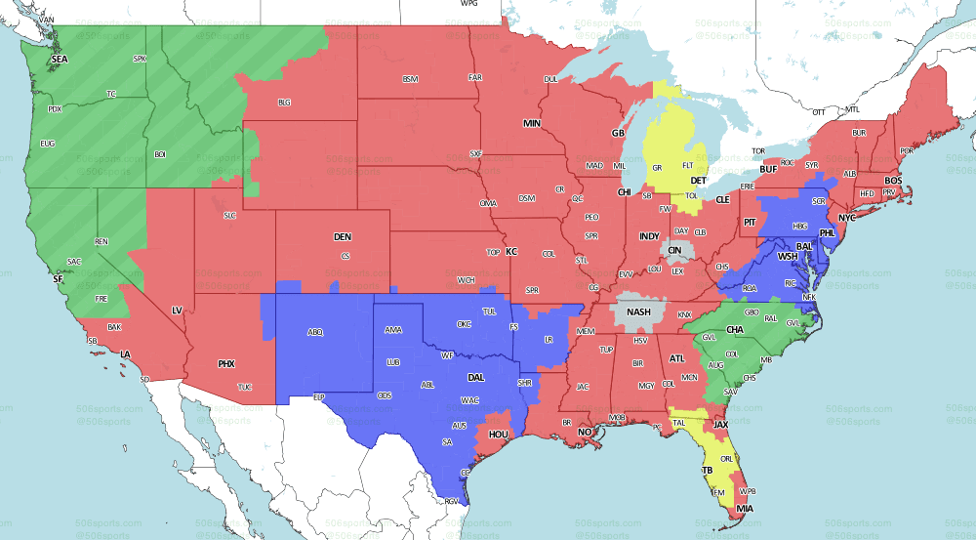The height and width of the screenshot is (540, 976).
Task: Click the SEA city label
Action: [60, 60]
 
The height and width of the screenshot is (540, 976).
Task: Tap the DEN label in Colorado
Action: [343, 237]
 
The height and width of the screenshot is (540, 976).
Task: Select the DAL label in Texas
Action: [476, 376]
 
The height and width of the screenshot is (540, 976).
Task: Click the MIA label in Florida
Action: [746, 509]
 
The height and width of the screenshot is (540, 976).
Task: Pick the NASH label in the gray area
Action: [638, 312]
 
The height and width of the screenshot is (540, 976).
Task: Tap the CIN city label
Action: [674, 250]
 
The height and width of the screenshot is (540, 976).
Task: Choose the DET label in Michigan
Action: [698, 181]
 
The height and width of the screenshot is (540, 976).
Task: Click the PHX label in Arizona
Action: [226, 364]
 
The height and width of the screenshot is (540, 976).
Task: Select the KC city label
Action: [510, 251]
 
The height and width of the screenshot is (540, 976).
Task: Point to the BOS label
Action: [893, 181]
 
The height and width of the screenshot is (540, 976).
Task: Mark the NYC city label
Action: [846, 218]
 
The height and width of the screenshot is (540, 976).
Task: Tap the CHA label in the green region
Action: [735, 330]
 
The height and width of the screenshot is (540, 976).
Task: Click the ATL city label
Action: [677, 358]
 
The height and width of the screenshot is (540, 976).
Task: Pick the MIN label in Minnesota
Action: [532, 124]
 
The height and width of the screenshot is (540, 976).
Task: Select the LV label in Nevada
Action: [178, 310]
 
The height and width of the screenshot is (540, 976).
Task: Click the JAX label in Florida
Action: [720, 425]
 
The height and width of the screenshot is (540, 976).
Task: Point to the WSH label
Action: [787, 256]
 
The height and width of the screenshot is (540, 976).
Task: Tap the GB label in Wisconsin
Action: [617, 133]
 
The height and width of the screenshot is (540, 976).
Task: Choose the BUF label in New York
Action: [769, 169]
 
